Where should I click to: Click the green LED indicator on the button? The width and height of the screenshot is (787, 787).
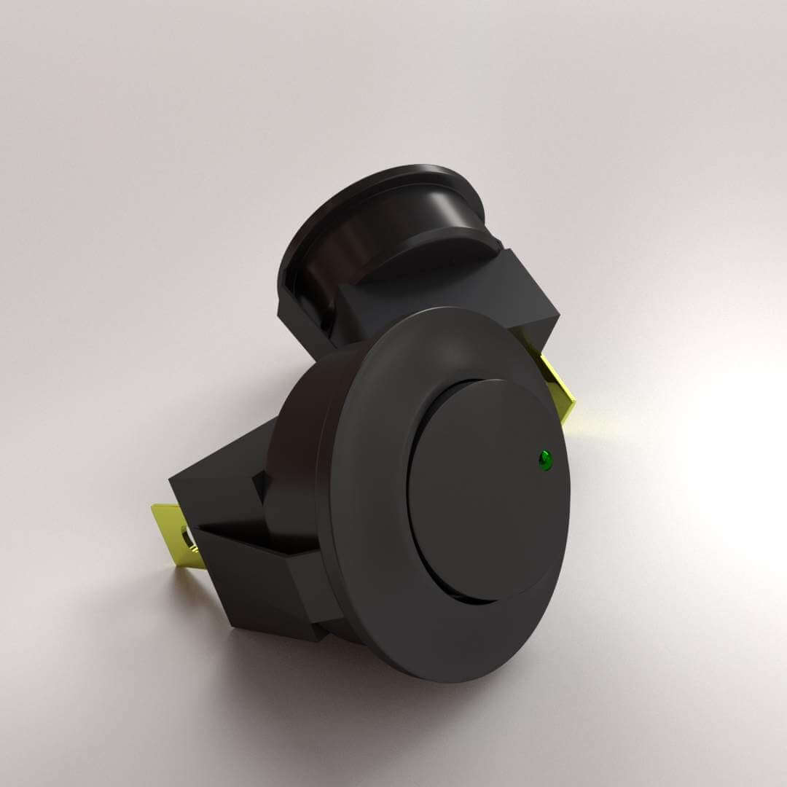544,459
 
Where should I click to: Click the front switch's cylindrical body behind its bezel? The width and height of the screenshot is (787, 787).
299,437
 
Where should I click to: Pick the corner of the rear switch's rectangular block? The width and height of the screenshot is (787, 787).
557,316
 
